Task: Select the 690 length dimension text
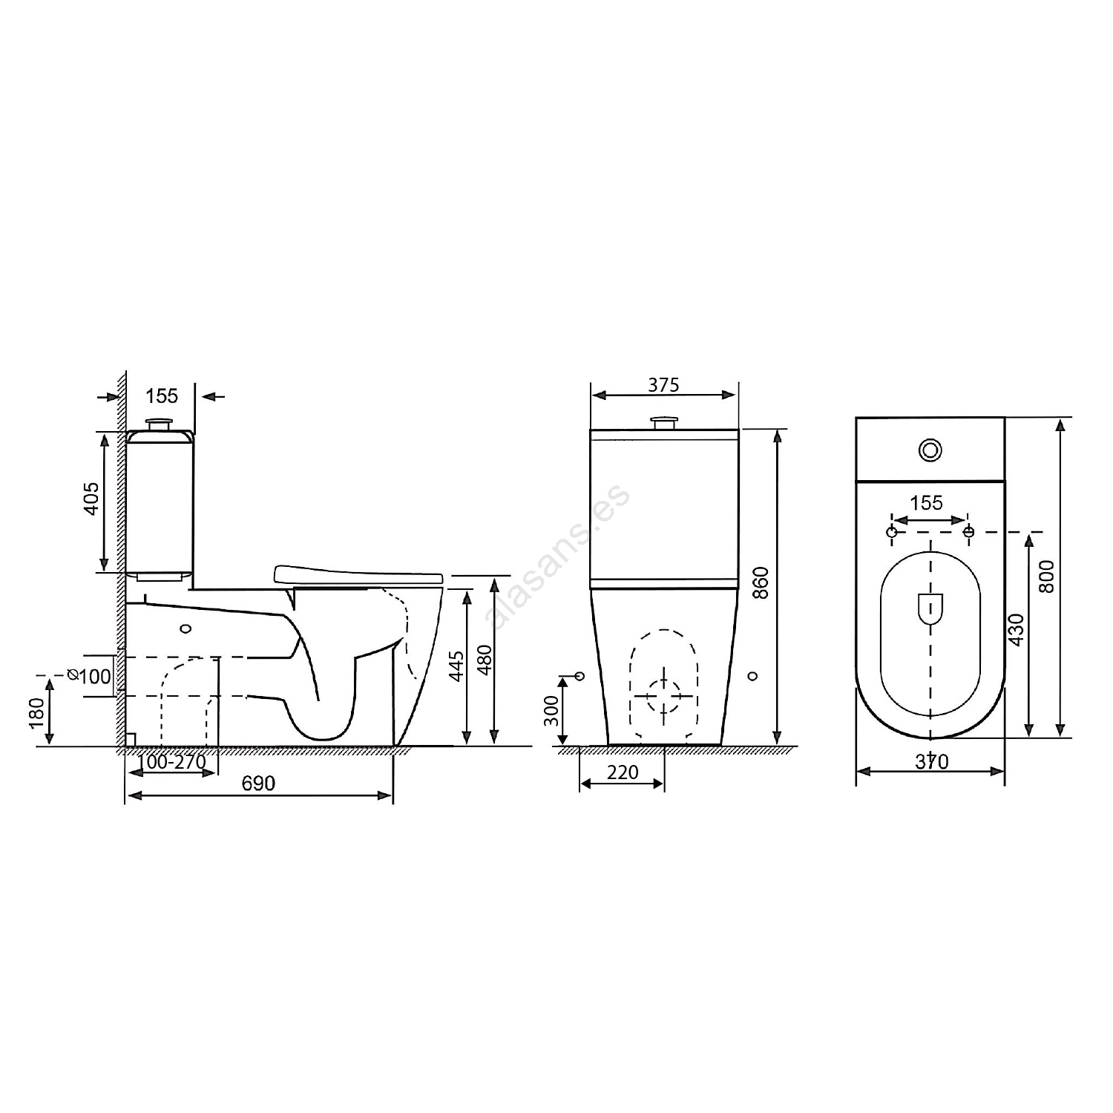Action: click(x=258, y=784)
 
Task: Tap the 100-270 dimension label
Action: click(x=171, y=762)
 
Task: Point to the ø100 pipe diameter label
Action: click(x=90, y=676)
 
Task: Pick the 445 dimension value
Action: click(x=457, y=666)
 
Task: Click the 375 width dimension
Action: click(x=663, y=385)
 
